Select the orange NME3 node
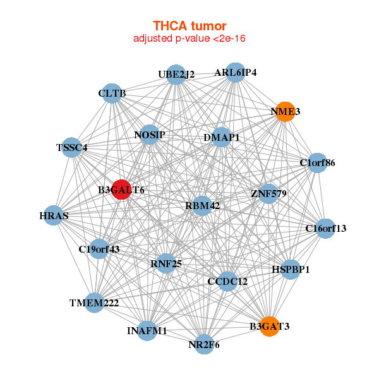point(286,111)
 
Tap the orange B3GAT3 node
point(270,326)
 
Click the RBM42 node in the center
point(202,205)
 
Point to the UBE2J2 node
point(176,74)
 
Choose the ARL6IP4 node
point(235,72)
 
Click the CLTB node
point(112,93)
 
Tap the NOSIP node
point(150,135)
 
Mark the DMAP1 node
point(221,137)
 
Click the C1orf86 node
point(317,163)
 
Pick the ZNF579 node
point(268,193)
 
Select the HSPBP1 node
point(291,269)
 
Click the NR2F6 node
point(203,344)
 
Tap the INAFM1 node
point(147,330)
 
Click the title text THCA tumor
point(189,26)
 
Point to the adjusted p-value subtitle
point(189,39)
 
